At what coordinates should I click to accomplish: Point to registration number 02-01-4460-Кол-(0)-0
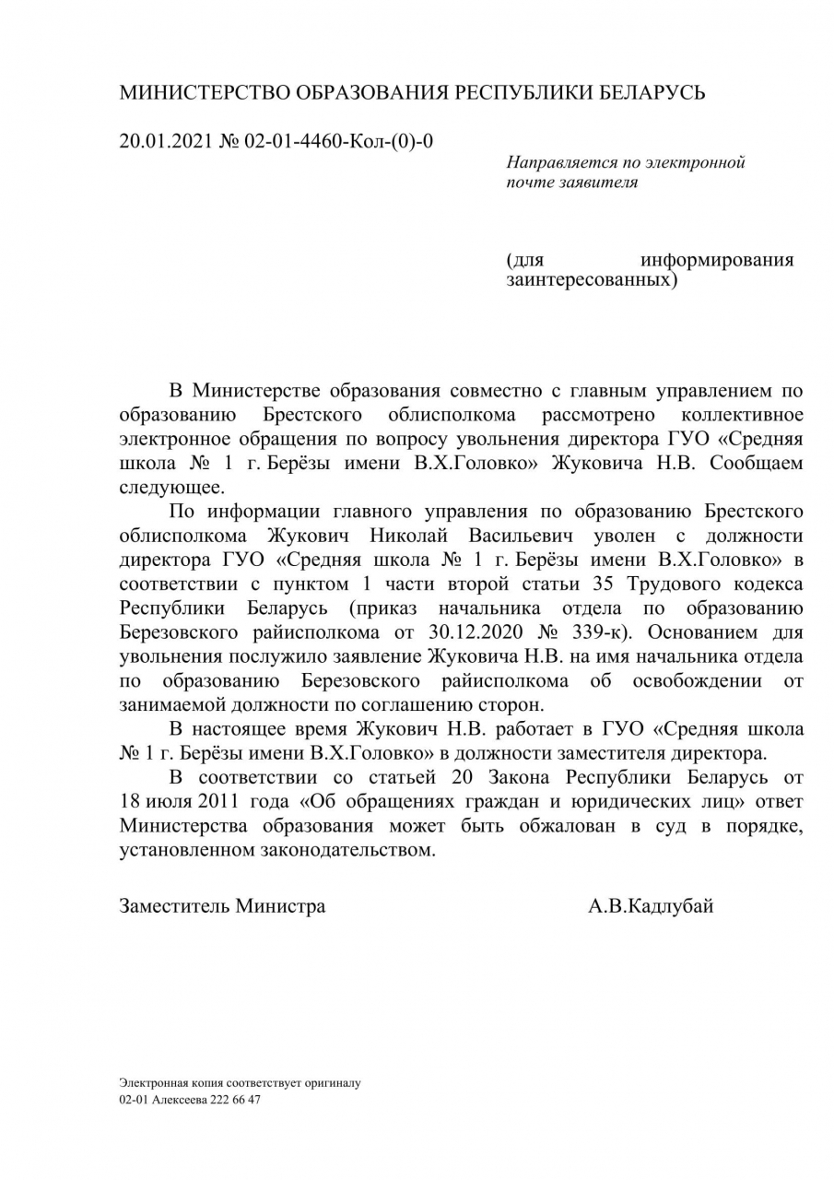338,141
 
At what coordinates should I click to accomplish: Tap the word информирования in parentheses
717,259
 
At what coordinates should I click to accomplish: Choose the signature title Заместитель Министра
222,905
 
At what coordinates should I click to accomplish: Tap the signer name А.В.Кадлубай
651,905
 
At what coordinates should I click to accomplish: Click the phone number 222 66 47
236,1100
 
